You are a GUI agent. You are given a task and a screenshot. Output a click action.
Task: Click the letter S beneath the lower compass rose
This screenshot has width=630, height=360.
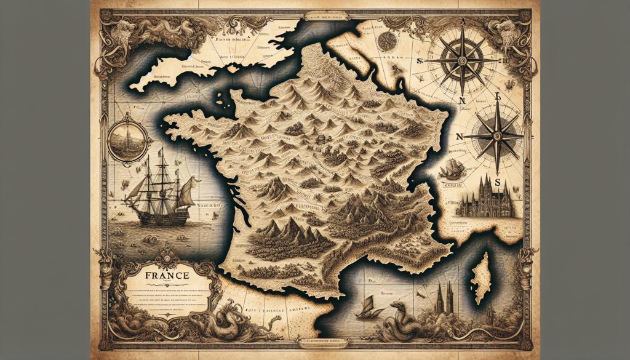click(497, 174)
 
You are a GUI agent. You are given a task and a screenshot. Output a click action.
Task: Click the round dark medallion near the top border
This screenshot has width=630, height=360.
click(387, 41)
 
